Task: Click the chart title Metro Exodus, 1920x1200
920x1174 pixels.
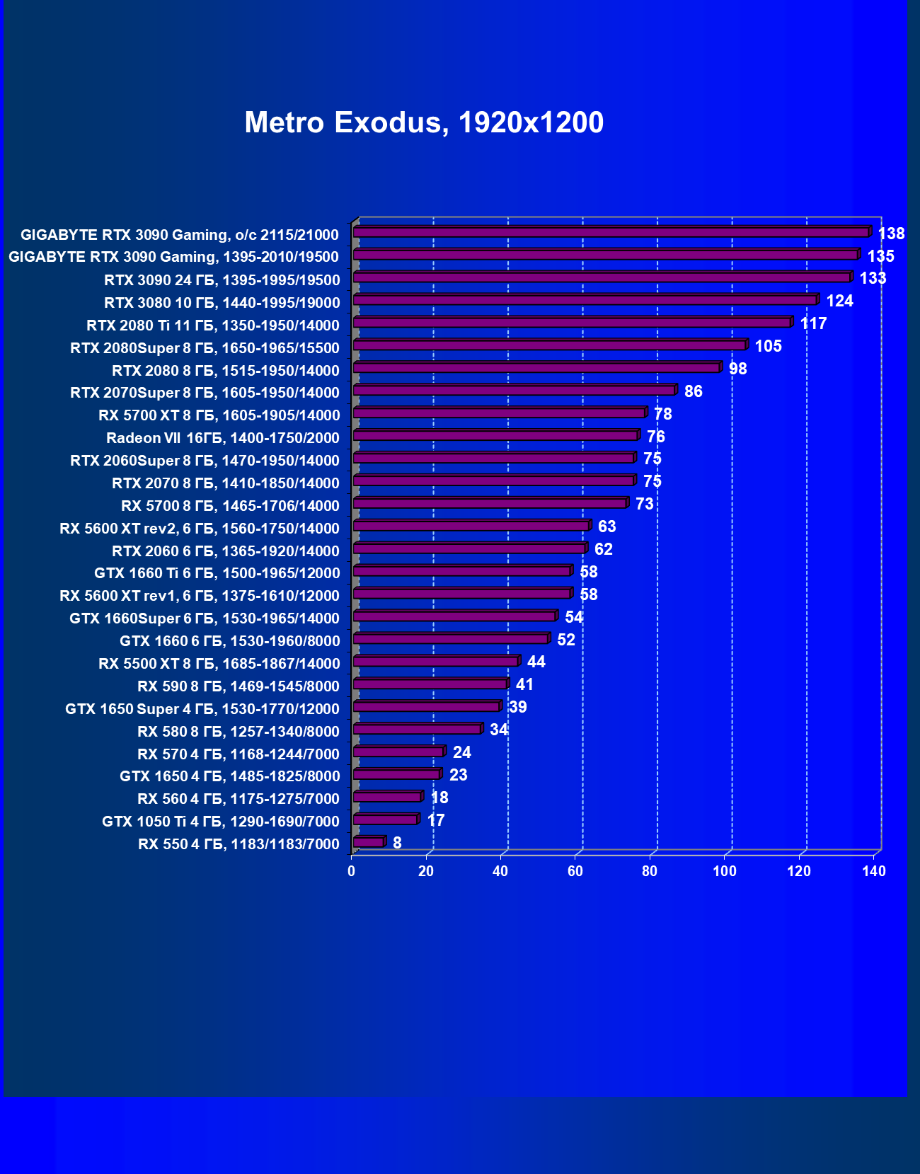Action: tap(424, 122)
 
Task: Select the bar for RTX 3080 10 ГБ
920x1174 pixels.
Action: tap(585, 300)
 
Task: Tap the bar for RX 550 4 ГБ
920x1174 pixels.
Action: tap(368, 842)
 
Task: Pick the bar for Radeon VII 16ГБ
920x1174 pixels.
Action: tap(495, 436)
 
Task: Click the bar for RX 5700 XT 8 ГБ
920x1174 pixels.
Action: tap(499, 413)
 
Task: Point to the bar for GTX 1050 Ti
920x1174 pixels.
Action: tap(385, 819)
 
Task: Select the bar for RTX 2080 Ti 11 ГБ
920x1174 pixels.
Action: tap(572, 323)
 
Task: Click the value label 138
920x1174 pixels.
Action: tap(891, 234)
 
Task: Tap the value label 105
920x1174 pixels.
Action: tap(768, 346)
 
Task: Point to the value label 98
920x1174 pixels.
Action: tap(737, 369)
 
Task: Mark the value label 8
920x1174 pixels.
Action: tap(397, 843)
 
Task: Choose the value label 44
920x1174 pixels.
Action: tap(536, 662)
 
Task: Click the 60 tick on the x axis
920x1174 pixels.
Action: tap(575, 871)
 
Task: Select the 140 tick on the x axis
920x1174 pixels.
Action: tap(874, 871)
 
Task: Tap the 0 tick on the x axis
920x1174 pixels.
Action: tap(352, 871)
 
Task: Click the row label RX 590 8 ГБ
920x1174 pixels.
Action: tap(238, 686)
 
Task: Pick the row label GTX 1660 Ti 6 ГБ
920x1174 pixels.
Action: tap(217, 572)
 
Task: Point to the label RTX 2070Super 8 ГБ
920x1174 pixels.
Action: tap(205, 392)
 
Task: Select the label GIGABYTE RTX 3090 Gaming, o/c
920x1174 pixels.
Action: tap(180, 234)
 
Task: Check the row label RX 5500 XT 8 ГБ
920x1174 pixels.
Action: tap(219, 663)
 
